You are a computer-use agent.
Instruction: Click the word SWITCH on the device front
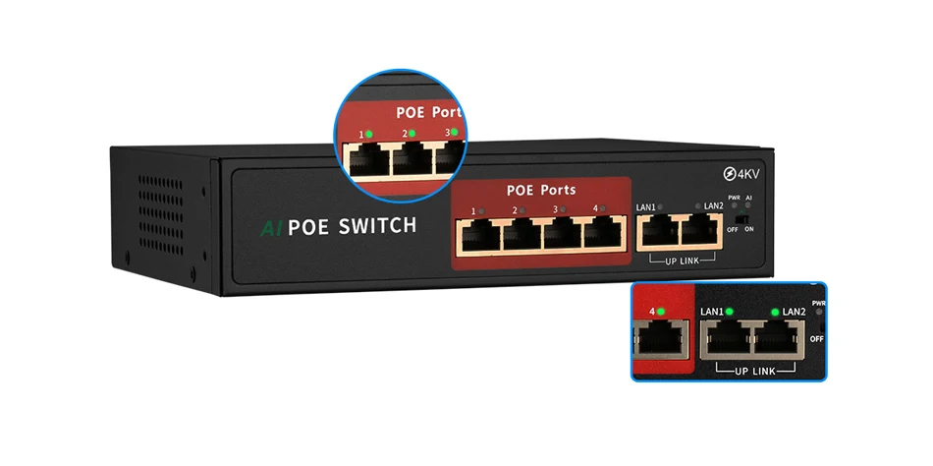[x=377, y=226]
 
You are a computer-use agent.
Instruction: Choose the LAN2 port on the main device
[x=699, y=232]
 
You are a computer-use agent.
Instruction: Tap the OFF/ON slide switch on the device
[x=745, y=219]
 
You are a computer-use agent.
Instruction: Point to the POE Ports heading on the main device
[x=541, y=190]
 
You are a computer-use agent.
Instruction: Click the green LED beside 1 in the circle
[x=369, y=134]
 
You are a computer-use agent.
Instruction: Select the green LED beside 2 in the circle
[x=412, y=133]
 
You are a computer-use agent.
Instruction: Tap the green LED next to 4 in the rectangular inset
[x=661, y=312]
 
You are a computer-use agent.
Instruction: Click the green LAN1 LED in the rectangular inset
[x=730, y=312]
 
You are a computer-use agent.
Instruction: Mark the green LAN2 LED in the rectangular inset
[x=775, y=312]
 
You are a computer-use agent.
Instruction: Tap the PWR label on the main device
[x=734, y=199]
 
